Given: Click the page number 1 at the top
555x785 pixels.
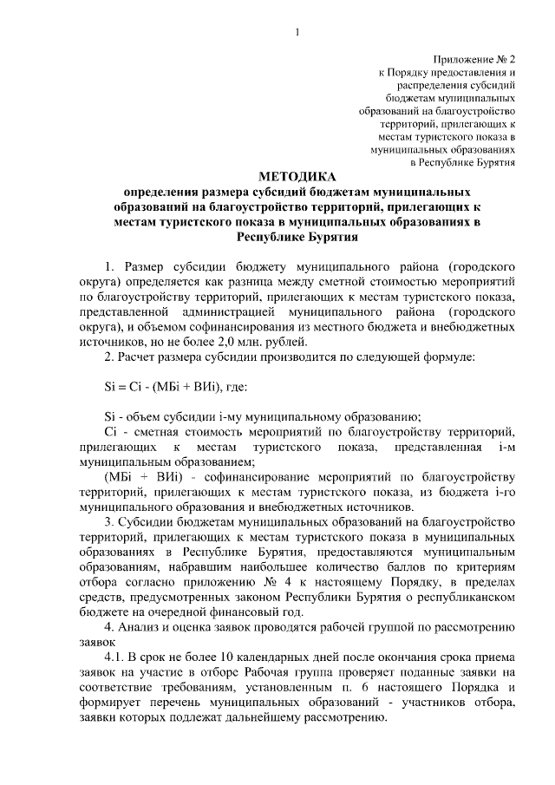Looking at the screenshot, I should tap(297, 33).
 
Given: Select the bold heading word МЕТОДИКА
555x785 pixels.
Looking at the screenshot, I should tap(296, 177).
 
